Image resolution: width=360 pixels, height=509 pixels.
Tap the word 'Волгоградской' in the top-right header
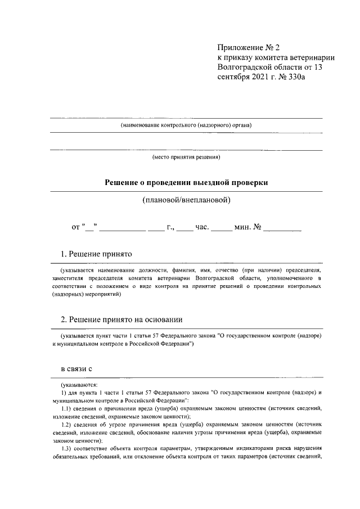click(x=245, y=68)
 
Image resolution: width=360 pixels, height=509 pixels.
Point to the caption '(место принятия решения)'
click(x=186, y=158)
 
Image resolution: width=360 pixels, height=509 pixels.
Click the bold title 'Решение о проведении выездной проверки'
click(x=186, y=183)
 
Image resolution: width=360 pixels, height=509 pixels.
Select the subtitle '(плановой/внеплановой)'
click(x=186, y=200)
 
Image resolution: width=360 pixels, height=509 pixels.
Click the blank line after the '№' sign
click(x=282, y=229)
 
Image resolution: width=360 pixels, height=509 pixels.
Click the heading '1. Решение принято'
click(x=96, y=254)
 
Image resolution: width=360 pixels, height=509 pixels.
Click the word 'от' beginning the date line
click(x=76, y=228)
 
